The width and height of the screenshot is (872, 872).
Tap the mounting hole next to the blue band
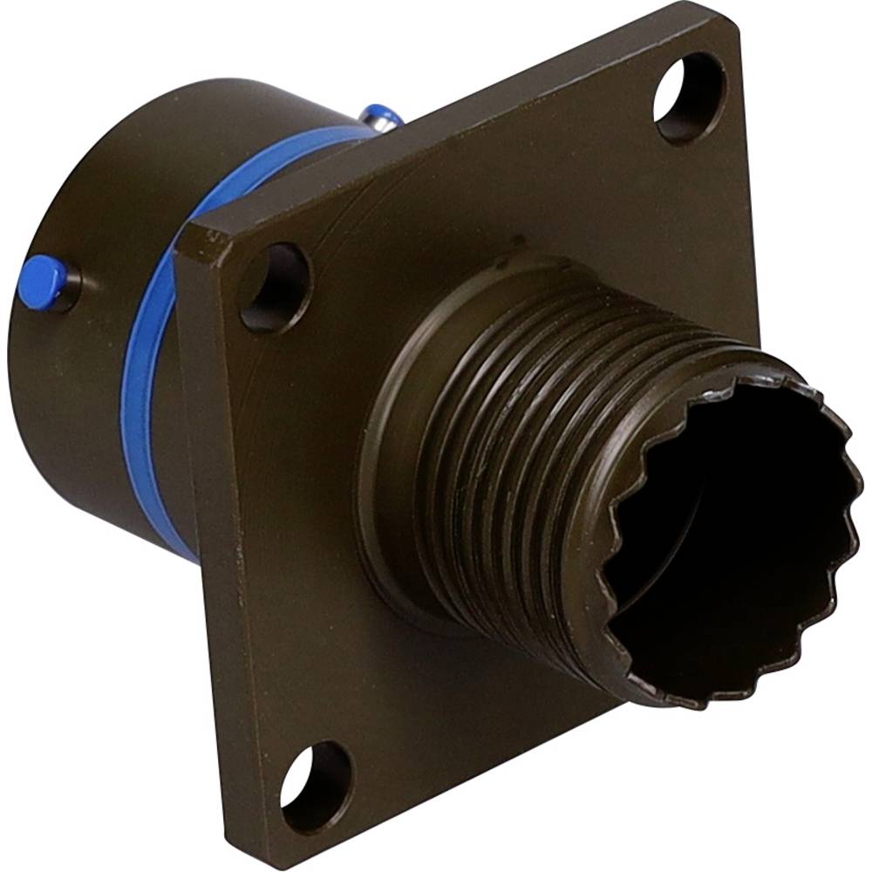275,288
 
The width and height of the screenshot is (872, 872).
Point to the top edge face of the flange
436,131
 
